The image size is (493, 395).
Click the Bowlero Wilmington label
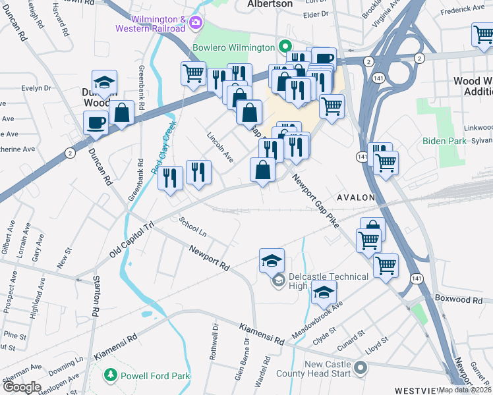[233, 47]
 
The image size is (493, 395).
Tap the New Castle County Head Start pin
[360, 367]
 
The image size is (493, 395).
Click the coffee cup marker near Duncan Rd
[96, 122]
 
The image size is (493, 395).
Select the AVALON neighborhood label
[356, 197]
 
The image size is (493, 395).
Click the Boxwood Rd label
[460, 300]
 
